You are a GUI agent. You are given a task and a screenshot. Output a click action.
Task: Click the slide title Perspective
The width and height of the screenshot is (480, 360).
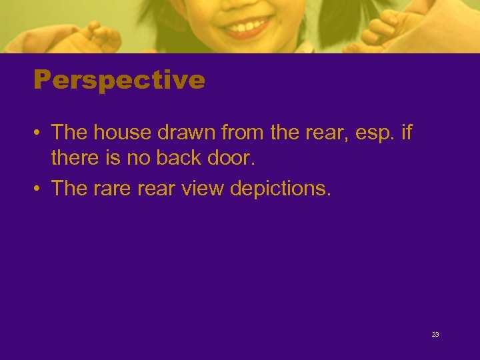(119, 81)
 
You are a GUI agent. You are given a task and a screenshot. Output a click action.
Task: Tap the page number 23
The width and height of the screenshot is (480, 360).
(435, 335)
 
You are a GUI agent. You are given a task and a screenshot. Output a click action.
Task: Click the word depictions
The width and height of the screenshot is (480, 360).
(280, 189)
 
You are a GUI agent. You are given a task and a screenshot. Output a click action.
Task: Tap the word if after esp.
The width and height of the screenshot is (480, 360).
(406, 133)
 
